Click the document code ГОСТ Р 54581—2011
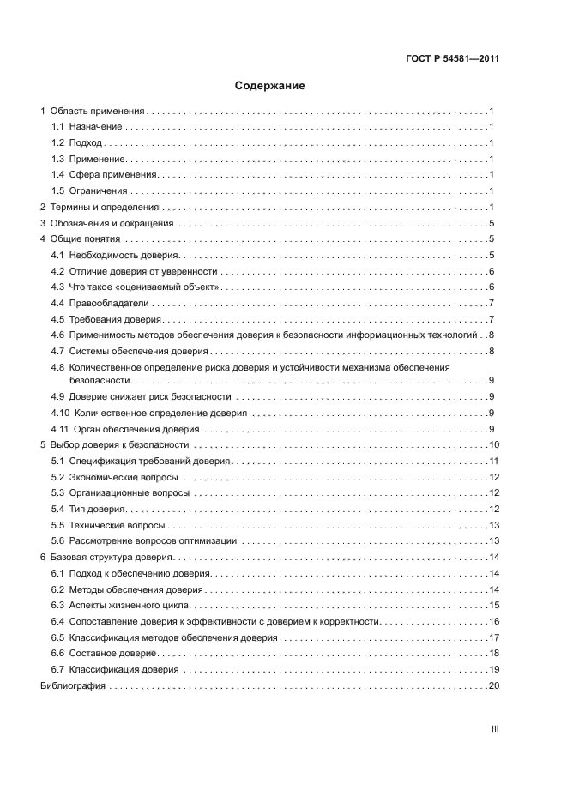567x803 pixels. [x=453, y=59]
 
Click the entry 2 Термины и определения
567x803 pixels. [x=100, y=207]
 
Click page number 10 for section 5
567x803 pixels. [x=494, y=445]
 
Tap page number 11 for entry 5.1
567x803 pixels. [x=494, y=462]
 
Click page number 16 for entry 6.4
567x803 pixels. [x=494, y=620]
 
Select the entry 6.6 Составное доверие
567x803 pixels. [x=109, y=653]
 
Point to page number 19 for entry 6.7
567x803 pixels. [x=494, y=669]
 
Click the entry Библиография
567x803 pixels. [x=73, y=686]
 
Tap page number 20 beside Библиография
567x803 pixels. [x=494, y=686]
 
